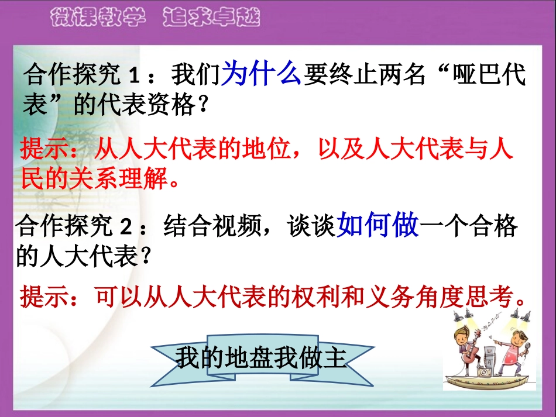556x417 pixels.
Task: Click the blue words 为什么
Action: tap(262, 75)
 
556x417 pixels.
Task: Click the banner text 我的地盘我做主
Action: tap(261, 359)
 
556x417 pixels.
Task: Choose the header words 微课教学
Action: tap(97, 18)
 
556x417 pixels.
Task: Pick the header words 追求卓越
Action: tap(211, 18)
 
